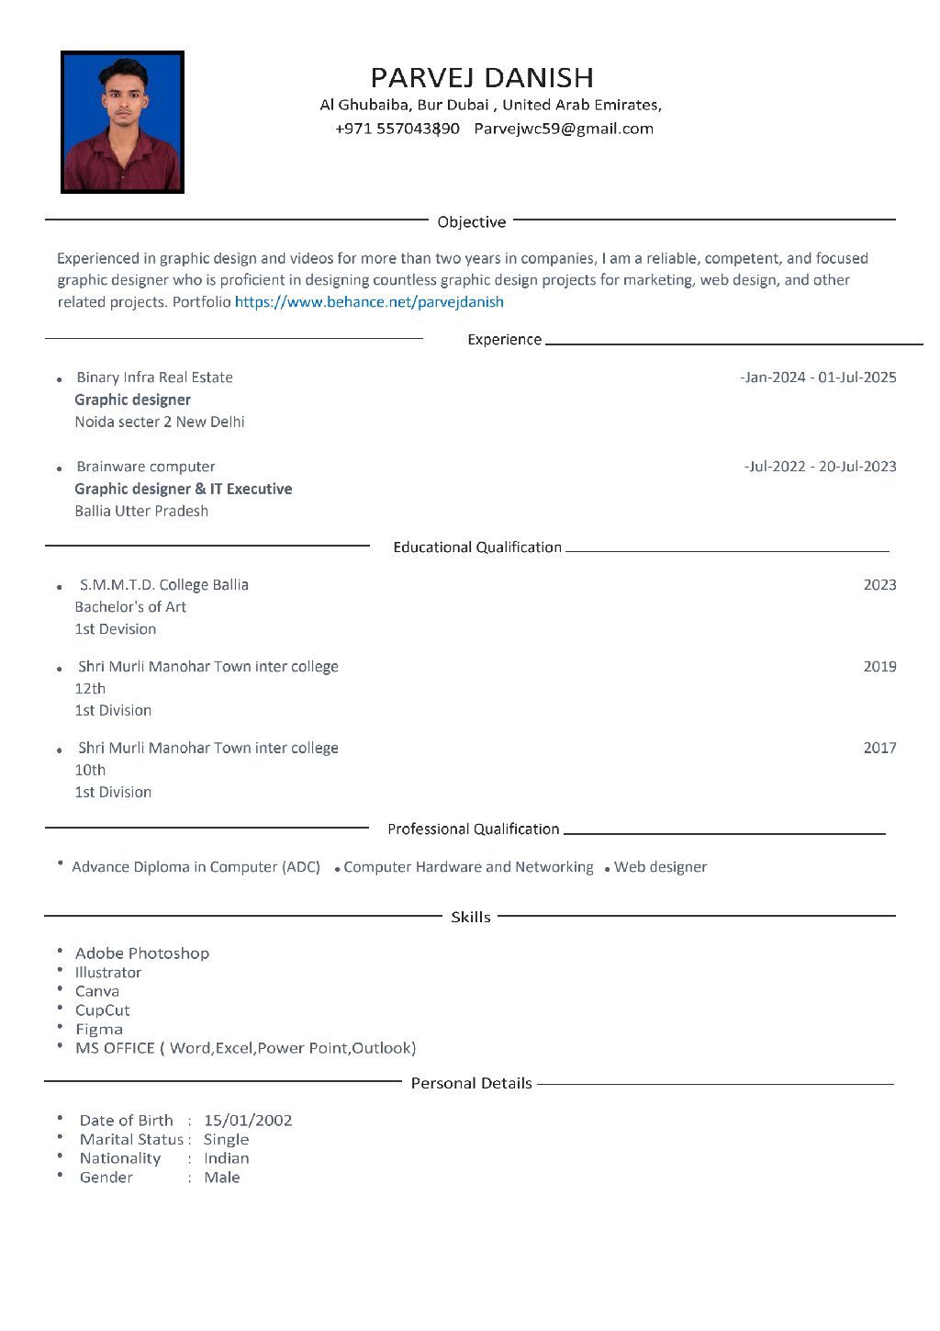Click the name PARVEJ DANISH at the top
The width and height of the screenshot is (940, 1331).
coord(482,77)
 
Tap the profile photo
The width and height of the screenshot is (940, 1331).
coord(122,122)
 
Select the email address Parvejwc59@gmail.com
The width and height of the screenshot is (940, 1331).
coord(564,129)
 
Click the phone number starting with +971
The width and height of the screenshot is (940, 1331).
coord(397,129)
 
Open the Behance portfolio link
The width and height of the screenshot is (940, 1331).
coord(369,301)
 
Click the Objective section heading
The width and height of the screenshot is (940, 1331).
coord(472,222)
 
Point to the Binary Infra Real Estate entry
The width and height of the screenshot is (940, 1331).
coord(154,378)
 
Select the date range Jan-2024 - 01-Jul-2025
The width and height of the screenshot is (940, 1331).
coord(818,378)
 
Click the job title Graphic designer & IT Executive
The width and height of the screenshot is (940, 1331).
coord(184,489)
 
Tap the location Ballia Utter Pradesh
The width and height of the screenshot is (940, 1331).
coord(141,511)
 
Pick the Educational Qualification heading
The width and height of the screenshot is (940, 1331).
coord(477,547)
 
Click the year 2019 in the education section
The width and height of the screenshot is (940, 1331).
coord(879,666)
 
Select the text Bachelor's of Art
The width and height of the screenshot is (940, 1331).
coord(130,607)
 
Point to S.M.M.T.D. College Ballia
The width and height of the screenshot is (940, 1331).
coord(163,585)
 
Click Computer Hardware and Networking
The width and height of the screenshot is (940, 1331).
coord(468,867)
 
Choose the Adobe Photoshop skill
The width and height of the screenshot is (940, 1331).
coord(142,953)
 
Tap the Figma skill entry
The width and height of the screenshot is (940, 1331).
coord(99,1029)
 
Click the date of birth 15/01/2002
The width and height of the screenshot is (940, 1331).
coord(248,1121)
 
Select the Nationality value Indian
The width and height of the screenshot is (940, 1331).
coord(227,1158)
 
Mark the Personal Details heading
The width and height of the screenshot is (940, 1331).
coord(471,1084)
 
